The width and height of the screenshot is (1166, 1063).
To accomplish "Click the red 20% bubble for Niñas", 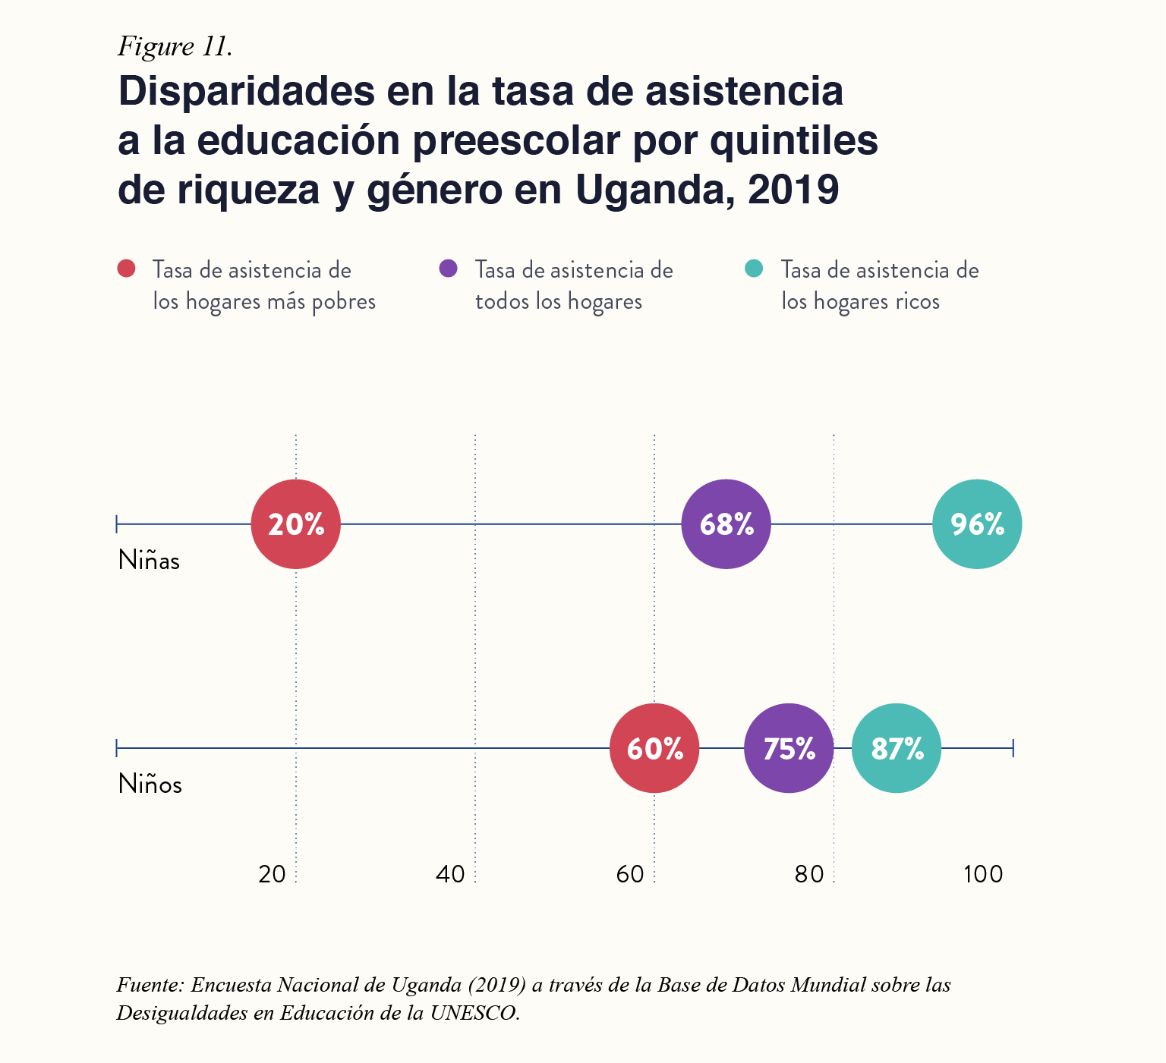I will (296, 524).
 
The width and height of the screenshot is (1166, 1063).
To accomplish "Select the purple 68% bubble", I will (726, 524).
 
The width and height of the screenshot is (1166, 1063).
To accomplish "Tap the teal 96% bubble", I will (977, 524).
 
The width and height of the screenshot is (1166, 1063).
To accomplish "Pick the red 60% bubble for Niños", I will (654, 749).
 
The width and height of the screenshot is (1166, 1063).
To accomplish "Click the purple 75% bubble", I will (789, 749).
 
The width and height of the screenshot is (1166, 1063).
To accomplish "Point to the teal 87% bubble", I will (897, 749).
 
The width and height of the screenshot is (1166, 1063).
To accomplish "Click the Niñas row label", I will (150, 561).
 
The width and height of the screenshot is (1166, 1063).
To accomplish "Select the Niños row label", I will (150, 785).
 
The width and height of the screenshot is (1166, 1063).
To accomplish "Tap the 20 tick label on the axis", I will (272, 875).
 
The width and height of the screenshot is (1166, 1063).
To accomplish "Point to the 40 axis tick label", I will (451, 875).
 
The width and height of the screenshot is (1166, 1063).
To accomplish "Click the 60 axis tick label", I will (630, 875).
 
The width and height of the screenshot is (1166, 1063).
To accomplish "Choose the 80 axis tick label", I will (809, 875).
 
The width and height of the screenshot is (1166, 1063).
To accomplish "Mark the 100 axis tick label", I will (983, 875).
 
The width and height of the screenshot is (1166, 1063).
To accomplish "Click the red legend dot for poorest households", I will (126, 269).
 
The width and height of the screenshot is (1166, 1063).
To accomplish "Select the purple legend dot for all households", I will (448, 269).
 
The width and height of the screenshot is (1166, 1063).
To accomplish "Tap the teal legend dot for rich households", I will (754, 269).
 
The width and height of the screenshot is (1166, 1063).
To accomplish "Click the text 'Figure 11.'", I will (175, 47).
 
